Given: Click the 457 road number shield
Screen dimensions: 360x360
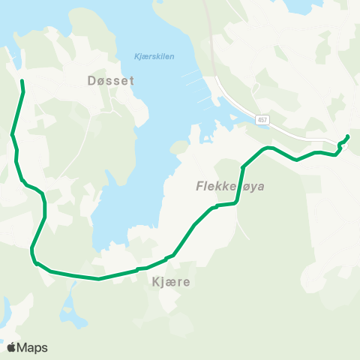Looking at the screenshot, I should (x=262, y=119).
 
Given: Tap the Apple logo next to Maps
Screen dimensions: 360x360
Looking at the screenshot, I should (x=11, y=347).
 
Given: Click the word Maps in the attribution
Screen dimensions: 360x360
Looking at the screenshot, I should (x=32, y=347).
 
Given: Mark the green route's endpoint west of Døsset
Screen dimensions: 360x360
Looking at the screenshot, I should (x=22, y=80).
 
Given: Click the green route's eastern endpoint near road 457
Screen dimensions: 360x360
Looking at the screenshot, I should (x=347, y=136).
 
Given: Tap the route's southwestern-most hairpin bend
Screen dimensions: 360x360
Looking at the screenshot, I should (x=32, y=255).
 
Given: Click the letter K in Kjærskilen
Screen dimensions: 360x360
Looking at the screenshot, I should (x=135, y=56).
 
